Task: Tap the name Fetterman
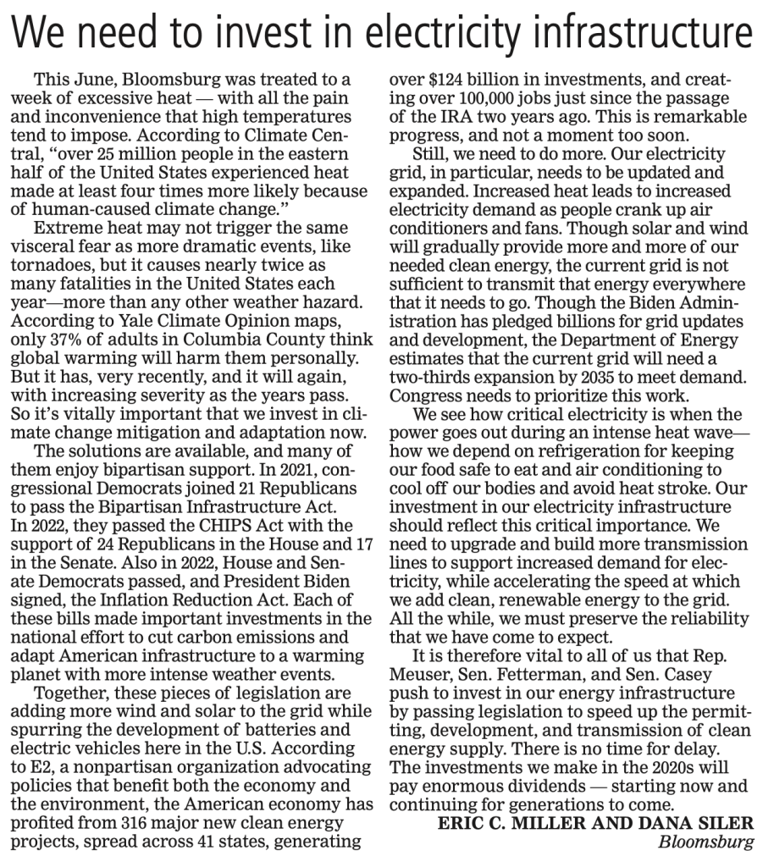click(541, 676)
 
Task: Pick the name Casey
click(692, 676)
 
